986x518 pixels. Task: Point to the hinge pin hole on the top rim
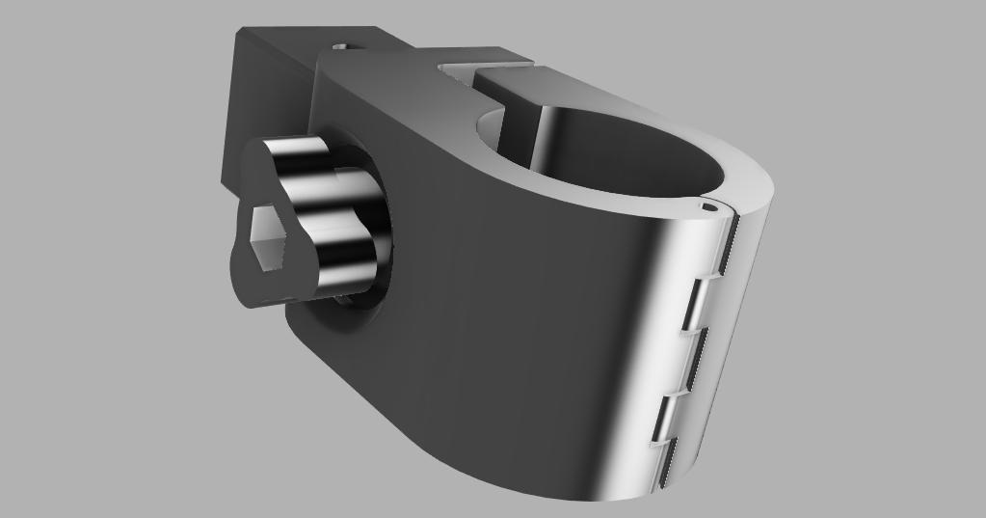709,204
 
